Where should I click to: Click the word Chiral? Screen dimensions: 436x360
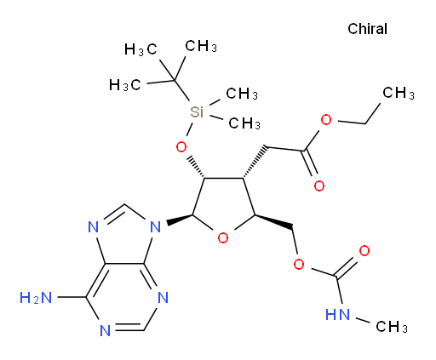pyautogui.click(x=367, y=29)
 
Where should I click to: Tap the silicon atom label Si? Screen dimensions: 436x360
pyautogui.click(x=197, y=111)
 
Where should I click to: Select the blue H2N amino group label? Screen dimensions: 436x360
pyautogui.click(x=36, y=298)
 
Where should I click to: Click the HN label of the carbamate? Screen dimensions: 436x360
pyautogui.click(x=337, y=314)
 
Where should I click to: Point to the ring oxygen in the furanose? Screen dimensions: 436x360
pyautogui.click(x=223, y=237)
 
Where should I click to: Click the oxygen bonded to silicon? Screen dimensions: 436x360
pyautogui.click(x=181, y=147)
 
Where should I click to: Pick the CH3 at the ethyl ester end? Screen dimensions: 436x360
pyautogui.click(x=399, y=93)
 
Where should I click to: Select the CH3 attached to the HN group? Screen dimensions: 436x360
pyautogui.click(x=392, y=327)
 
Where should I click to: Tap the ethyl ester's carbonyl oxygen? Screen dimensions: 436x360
pyautogui.click(x=319, y=186)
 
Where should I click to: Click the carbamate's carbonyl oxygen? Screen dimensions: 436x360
pyautogui.click(x=364, y=251)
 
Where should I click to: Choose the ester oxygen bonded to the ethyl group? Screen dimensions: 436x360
pyautogui.click(x=326, y=120)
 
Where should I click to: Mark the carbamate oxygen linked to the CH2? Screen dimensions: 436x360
pyautogui.click(x=299, y=264)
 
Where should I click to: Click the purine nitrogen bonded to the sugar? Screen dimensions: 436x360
pyautogui.click(x=156, y=227)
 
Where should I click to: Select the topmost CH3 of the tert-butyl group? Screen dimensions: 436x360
pyautogui.click(x=201, y=46)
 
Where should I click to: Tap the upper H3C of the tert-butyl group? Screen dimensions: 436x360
pyautogui.click(x=141, y=49)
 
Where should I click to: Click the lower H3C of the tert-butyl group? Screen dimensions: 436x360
pyautogui.click(x=125, y=84)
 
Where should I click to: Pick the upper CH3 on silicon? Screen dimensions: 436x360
pyautogui.click(x=242, y=94)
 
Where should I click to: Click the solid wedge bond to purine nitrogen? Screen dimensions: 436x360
pyautogui.click(x=181, y=220)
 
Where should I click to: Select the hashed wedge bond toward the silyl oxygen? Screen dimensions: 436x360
pyautogui.click(x=197, y=167)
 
